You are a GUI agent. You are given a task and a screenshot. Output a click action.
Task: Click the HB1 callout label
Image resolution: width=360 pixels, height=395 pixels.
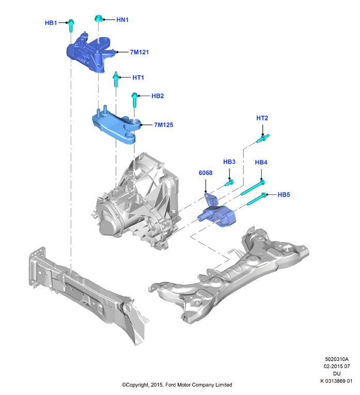click(51, 23)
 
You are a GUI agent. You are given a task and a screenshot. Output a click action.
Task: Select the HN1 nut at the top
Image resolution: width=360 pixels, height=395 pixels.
click(98, 19)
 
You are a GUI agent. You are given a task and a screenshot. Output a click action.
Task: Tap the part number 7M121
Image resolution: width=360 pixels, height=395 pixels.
click(139, 52)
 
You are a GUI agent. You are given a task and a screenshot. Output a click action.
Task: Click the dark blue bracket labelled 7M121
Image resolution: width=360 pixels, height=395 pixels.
click(90, 52)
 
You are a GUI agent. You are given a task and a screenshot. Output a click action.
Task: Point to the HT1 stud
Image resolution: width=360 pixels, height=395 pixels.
click(116, 79)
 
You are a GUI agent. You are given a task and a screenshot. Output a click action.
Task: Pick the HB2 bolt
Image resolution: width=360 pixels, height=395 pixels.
click(135, 100)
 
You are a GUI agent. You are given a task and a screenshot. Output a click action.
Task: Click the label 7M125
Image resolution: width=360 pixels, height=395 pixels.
click(164, 125)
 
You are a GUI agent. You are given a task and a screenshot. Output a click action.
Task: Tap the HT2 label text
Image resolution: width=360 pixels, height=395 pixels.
click(262, 118)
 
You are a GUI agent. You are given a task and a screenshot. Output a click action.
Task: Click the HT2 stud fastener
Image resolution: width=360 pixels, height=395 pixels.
click(263, 138)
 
